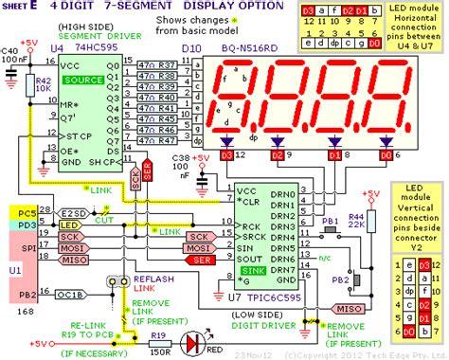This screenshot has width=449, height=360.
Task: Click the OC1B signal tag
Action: (x=70, y=295)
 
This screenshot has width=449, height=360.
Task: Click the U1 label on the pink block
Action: (x=12, y=269)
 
